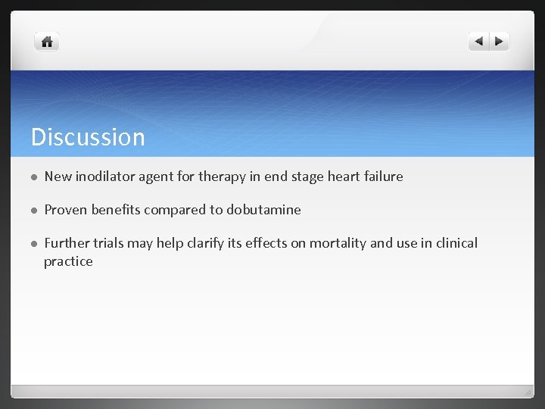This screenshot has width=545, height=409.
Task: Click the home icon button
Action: [47, 42]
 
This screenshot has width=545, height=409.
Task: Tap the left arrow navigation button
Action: [478, 42]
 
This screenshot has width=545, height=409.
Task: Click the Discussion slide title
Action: [88, 137]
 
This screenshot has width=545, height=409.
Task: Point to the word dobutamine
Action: [263, 210]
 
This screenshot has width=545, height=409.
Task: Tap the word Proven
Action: [66, 210]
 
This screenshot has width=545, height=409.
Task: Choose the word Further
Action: [67, 243]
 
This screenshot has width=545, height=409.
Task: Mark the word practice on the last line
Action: [68, 261]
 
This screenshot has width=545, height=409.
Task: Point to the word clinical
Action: [453, 243]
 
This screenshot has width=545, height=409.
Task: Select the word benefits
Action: [117, 210]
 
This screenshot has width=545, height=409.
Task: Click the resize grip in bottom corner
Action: [528, 392]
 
